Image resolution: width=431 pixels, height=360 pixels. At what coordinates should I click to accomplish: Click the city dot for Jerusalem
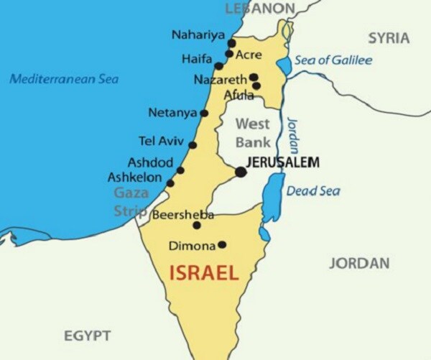point(241,172)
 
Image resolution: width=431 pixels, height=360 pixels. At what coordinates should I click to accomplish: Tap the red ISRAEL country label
point(203,273)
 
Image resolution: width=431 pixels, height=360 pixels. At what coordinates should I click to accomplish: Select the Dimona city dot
point(222,245)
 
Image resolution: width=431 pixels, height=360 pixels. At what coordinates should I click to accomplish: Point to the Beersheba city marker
point(197,225)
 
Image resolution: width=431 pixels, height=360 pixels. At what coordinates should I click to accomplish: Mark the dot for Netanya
point(204,113)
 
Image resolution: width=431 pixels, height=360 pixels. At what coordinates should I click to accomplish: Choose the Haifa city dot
point(219,66)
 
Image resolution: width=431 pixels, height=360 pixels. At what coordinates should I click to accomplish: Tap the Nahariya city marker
point(231,42)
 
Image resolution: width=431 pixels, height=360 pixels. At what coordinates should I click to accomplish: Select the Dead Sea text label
point(313,191)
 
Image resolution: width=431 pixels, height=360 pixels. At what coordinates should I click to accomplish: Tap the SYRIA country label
point(389,37)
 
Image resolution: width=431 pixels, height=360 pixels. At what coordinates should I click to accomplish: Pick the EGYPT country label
point(87,336)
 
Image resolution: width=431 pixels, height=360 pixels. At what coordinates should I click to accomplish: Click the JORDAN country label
point(359,263)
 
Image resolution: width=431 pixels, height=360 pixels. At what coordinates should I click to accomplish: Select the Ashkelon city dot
point(170,184)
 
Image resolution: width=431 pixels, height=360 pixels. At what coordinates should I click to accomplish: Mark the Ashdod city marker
point(180,171)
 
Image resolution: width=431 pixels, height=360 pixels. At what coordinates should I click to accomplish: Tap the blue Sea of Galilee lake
point(284,67)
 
